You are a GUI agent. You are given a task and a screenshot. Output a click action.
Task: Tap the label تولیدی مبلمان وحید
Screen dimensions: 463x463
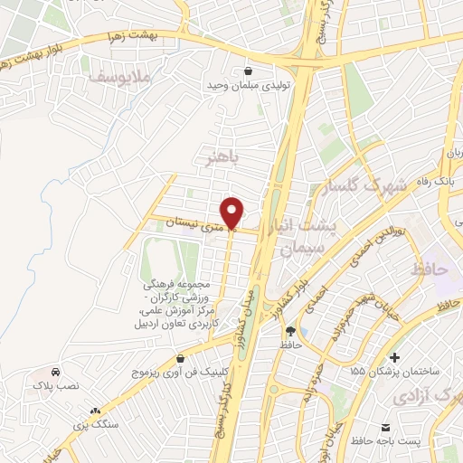248,86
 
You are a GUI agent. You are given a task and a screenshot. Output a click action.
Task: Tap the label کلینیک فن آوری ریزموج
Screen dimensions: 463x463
181,372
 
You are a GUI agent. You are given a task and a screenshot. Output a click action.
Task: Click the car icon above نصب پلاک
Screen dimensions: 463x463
56,371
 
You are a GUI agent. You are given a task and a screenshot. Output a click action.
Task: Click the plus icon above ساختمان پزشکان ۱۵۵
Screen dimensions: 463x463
394,356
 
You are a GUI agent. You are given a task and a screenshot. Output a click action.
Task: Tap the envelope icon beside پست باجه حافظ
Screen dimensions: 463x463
386,427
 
